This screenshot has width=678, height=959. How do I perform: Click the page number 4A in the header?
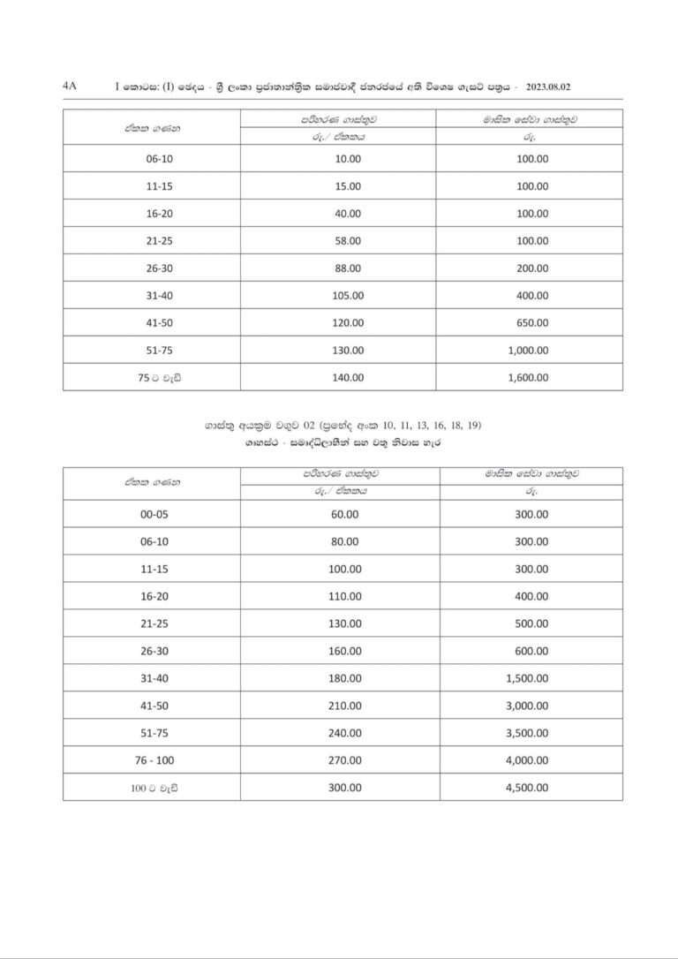[71, 87]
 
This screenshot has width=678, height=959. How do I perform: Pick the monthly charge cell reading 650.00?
[531, 323]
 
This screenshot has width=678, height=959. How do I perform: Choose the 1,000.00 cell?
[528, 351]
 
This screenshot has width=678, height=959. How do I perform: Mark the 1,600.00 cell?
[528, 378]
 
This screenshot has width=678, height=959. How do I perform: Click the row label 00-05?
[154, 514]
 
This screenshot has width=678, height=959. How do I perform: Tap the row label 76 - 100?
[154, 760]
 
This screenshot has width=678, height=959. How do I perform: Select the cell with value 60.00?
[344, 514]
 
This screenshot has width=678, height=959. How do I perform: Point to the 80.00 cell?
[344, 541]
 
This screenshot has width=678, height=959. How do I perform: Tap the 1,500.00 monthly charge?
[528, 678]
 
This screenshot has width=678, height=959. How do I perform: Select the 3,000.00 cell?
[528, 706]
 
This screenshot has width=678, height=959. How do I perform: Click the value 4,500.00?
[528, 788]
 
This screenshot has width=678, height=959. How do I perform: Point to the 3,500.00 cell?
[528, 733]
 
